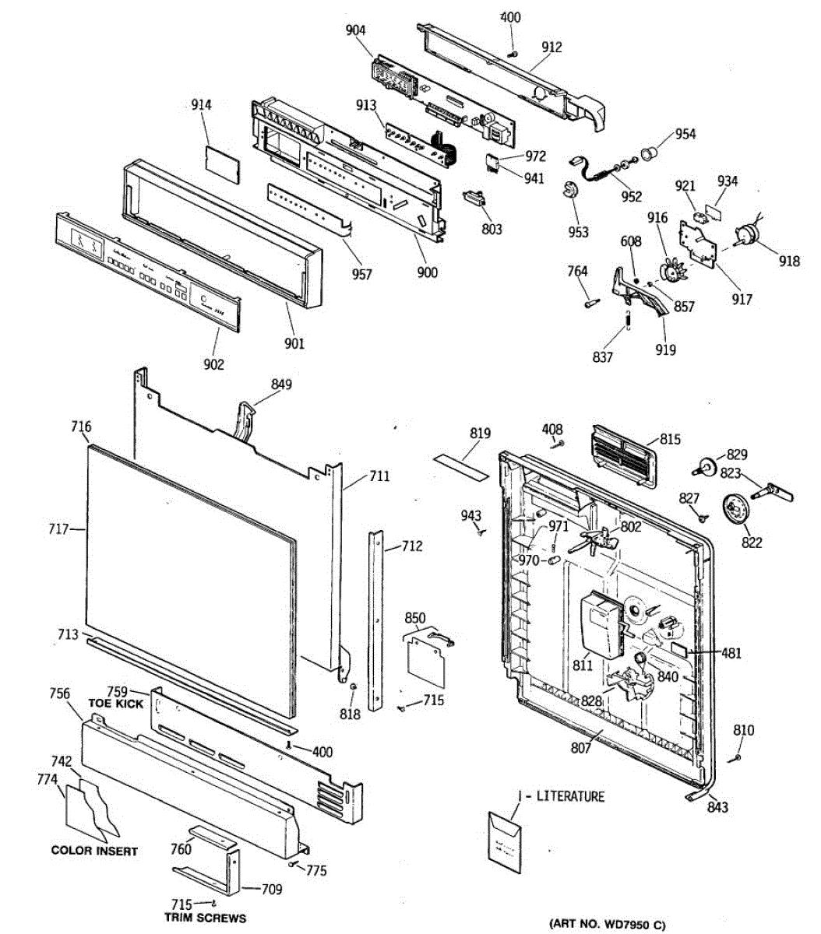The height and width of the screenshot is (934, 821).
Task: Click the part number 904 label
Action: coord(356,30)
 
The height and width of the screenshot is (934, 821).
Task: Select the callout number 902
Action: coord(213,363)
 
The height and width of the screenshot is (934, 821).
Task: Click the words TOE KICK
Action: coord(116,704)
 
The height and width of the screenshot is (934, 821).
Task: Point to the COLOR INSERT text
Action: coord(94,851)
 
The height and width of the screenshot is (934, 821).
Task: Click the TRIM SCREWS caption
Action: coord(205,918)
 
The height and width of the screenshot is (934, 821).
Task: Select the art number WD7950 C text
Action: coord(608,924)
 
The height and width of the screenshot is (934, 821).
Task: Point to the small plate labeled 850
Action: coord(428,658)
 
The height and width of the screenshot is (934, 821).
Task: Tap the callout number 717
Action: coord(59,530)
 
